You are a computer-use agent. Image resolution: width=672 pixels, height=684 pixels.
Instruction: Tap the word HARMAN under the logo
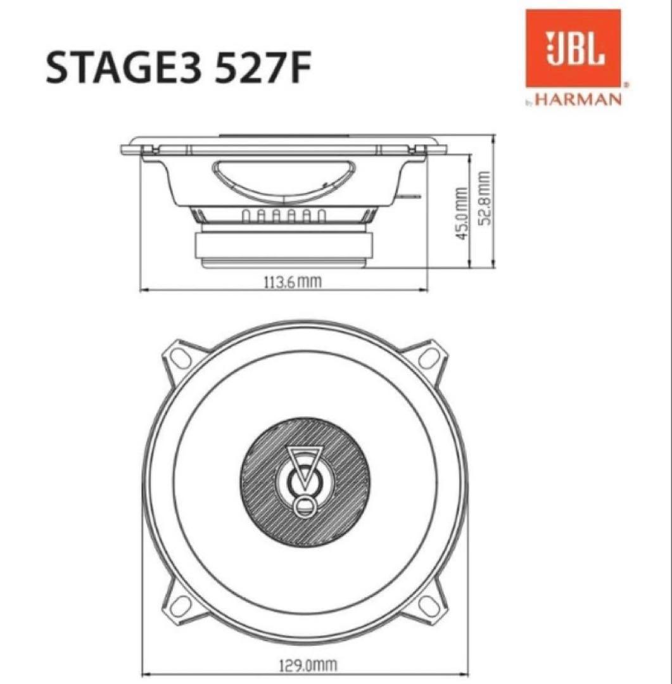578,100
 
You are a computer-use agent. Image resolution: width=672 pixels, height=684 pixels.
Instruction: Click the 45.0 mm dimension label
462,212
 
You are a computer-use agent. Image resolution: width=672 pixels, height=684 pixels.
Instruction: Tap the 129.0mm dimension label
308,666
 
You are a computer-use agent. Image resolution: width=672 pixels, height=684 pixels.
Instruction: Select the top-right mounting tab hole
433,355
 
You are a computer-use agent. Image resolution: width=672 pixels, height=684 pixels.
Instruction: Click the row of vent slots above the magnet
283,216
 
